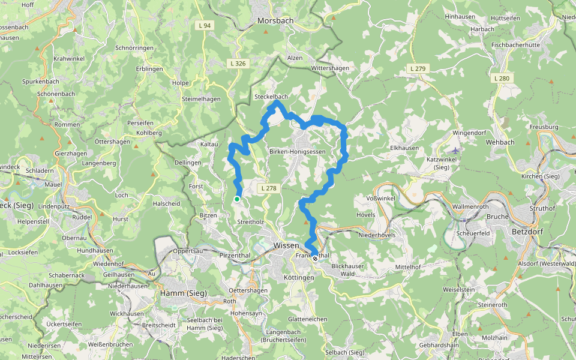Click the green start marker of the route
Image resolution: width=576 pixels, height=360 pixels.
pyautogui.click(x=237, y=199)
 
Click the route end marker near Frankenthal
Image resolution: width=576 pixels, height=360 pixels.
pyautogui.click(x=315, y=259)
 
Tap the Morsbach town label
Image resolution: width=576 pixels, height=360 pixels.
pyautogui.click(x=275, y=20)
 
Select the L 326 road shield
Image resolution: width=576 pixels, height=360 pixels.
pyautogui.click(x=238, y=63)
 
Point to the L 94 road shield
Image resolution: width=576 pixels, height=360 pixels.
pyautogui.click(x=204, y=25)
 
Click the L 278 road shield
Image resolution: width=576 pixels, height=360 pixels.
pyautogui.click(x=269, y=188)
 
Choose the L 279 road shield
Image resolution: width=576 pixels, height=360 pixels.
pyautogui.click(x=418, y=69)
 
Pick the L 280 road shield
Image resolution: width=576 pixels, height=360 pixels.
pyautogui.click(x=501, y=78)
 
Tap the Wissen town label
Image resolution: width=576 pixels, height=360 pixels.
pyautogui.click(x=286, y=245)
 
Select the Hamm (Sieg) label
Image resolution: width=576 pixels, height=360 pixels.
pyautogui.click(x=184, y=293)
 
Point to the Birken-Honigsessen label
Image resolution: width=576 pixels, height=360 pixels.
pyautogui.click(x=298, y=152)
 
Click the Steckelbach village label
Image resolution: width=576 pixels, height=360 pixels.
pyautogui.click(x=271, y=97)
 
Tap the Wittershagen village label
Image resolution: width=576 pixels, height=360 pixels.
pyautogui.click(x=330, y=68)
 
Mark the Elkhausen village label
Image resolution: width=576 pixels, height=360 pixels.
pyautogui.click(x=404, y=148)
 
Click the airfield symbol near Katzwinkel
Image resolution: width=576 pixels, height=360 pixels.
pyautogui.click(x=456, y=151)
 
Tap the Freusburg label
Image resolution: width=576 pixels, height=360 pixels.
pyautogui.click(x=544, y=127)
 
